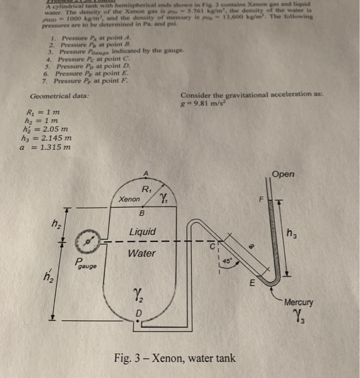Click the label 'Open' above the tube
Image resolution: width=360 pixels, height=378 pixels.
coord(283,174)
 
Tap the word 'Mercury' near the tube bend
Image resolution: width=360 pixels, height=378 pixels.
coord(299,303)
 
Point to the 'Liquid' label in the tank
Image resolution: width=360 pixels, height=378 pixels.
coord(143,232)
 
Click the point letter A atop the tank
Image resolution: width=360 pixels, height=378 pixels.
coord(144,172)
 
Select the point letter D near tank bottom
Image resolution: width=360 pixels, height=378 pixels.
coord(139,313)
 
